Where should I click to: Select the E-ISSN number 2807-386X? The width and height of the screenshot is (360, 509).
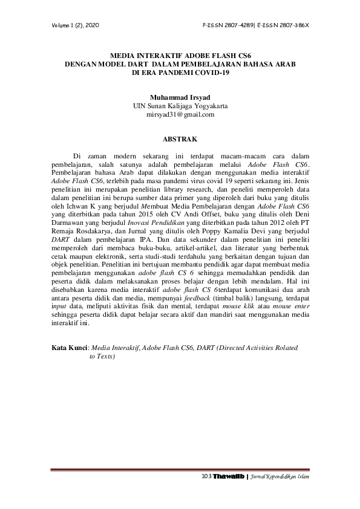[x=292, y=26]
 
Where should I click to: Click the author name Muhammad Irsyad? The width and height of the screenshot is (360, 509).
[x=180, y=97]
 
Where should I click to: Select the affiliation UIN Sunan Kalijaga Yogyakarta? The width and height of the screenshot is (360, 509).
[x=180, y=105]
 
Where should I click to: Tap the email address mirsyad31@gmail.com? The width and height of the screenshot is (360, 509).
[x=180, y=114]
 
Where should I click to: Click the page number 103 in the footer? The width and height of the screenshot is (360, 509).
[x=205, y=478]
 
